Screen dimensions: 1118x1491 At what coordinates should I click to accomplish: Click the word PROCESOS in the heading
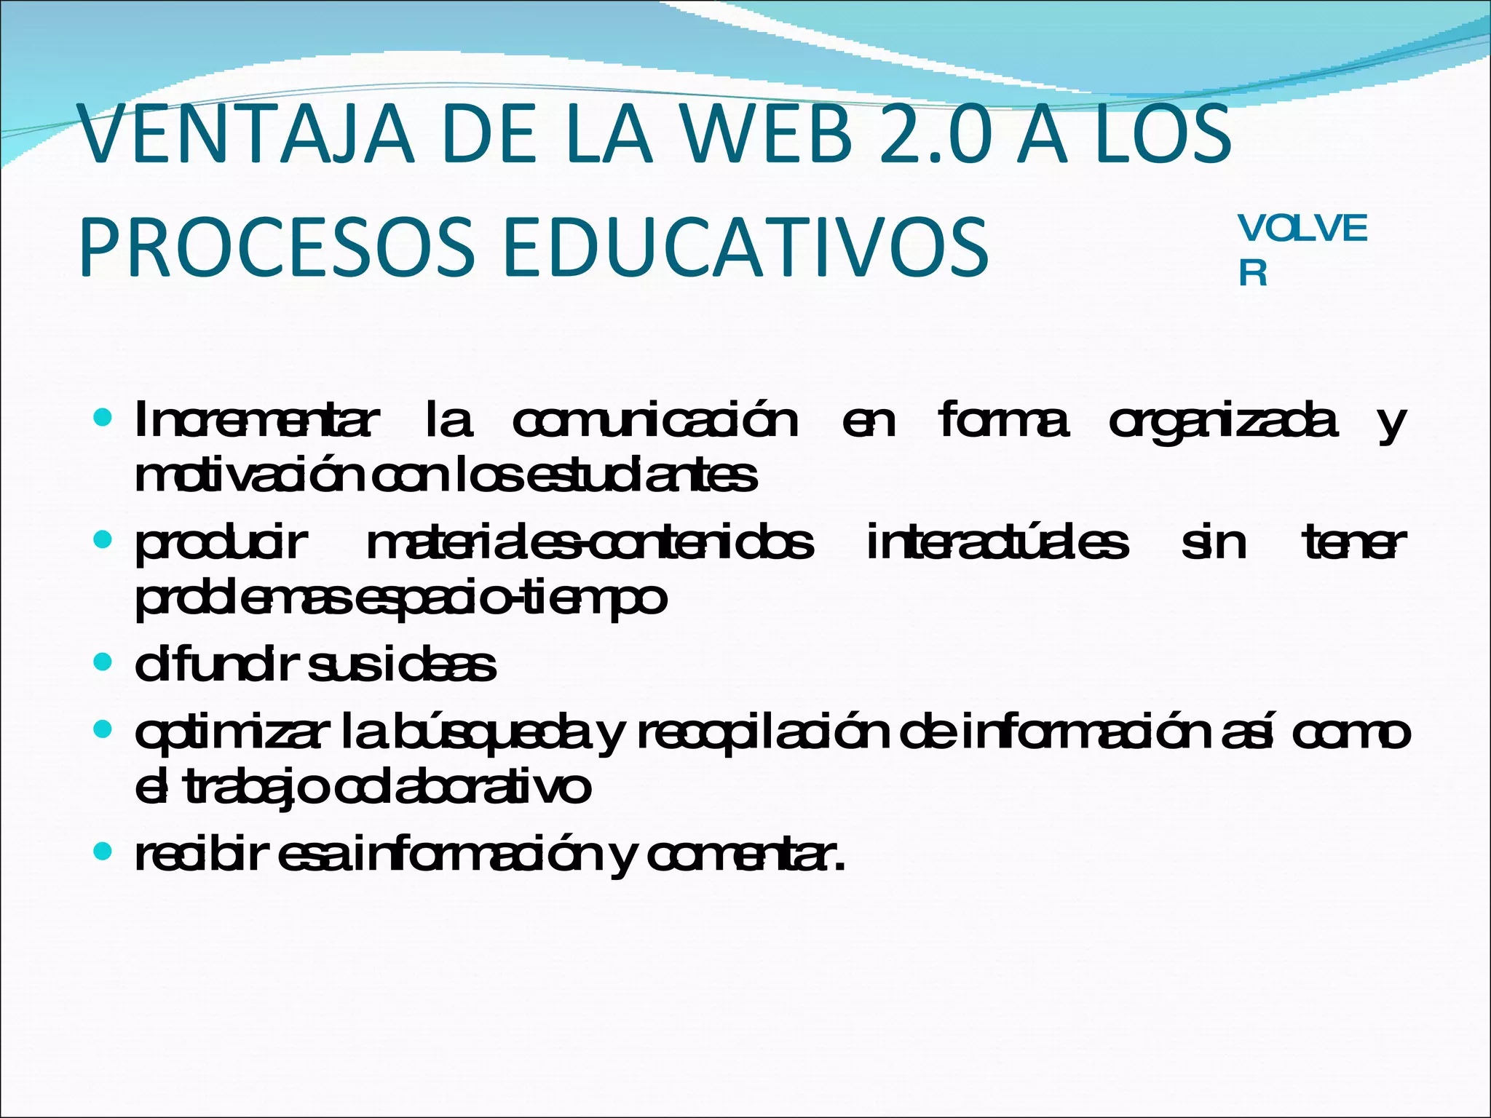(x=276, y=247)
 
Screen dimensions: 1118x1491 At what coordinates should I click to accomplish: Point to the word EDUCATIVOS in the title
(x=744, y=247)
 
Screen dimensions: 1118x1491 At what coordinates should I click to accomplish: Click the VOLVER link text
(x=1302, y=250)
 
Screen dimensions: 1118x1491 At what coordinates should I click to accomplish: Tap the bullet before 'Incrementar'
(x=103, y=419)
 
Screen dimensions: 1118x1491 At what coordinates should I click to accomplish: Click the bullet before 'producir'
(x=103, y=540)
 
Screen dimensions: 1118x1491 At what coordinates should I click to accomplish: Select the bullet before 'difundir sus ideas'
(x=103, y=662)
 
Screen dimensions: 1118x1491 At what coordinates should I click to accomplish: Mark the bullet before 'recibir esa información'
(x=103, y=851)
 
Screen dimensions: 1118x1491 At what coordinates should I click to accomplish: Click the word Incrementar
(x=256, y=421)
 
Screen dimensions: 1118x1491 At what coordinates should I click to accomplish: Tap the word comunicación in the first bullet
(x=655, y=421)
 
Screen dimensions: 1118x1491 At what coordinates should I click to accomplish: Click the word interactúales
(x=997, y=543)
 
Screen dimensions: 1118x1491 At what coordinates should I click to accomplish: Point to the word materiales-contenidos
(x=590, y=543)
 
